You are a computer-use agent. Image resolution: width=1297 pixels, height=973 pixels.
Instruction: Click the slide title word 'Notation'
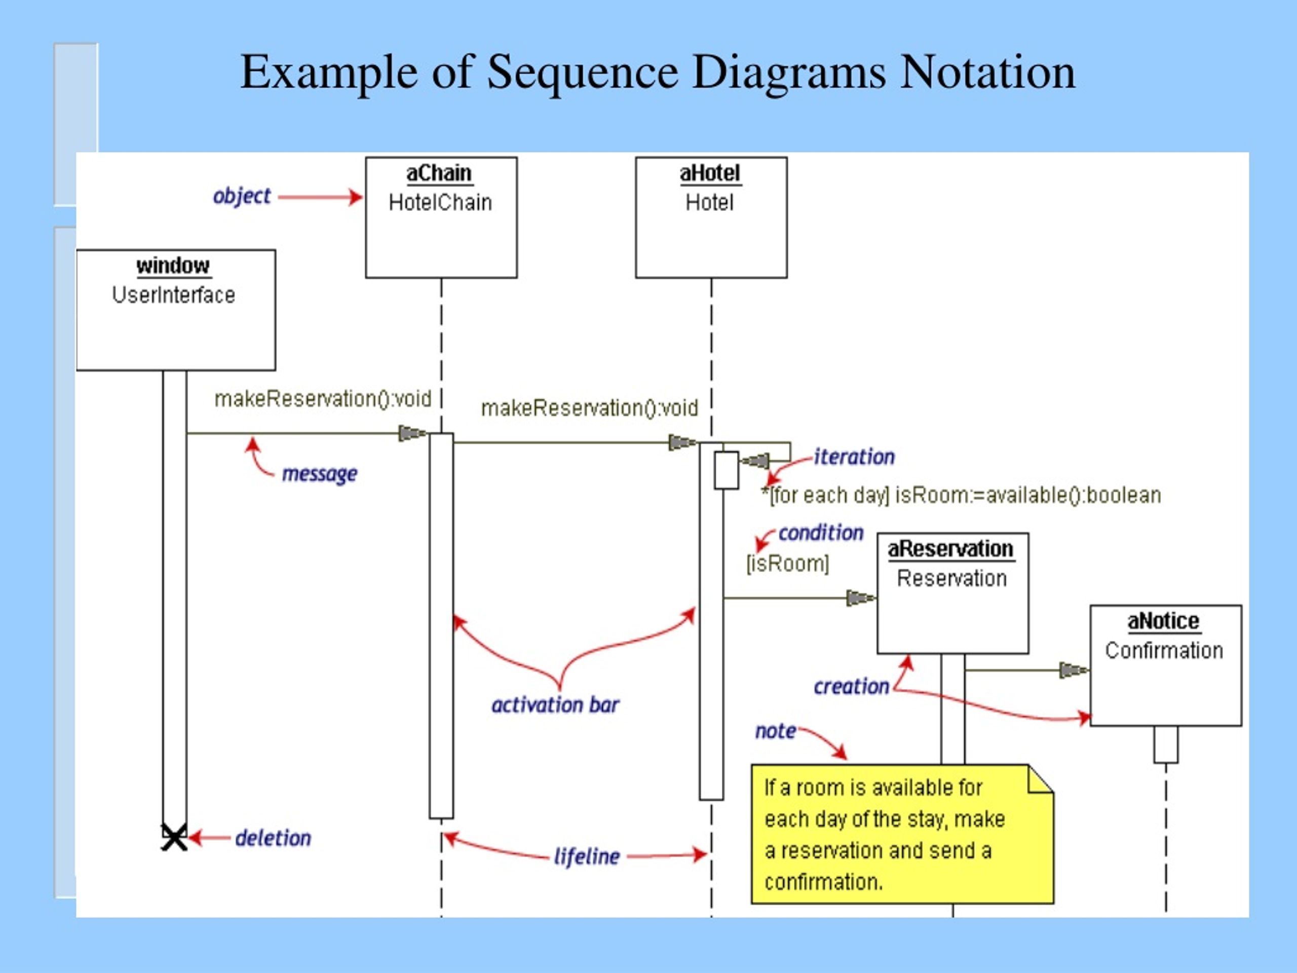[987, 72]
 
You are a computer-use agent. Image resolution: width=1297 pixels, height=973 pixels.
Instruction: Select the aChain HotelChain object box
[441, 217]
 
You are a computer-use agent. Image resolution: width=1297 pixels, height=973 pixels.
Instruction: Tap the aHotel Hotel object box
[711, 217]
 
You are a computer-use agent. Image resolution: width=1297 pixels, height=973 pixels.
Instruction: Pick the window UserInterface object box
[175, 310]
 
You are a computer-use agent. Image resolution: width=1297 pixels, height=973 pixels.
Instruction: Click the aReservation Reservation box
[952, 593]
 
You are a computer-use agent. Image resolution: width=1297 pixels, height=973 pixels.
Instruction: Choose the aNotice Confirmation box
[1165, 665]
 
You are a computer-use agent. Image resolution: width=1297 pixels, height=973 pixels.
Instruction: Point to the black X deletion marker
[174, 838]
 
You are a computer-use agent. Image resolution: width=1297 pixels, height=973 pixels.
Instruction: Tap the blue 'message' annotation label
[319, 473]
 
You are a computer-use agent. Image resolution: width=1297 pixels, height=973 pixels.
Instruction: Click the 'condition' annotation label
[820, 533]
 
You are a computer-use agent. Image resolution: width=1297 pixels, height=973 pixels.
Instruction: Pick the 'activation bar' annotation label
[555, 704]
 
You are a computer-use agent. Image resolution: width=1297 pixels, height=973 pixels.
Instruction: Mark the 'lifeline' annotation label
[586, 856]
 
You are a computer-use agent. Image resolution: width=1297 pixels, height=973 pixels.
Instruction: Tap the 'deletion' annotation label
[273, 838]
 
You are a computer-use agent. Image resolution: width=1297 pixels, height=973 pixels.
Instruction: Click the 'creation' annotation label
[851, 686]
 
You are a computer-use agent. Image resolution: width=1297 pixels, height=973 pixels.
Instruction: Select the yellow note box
[902, 834]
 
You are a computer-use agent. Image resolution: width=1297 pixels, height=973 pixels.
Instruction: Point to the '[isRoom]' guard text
[787, 564]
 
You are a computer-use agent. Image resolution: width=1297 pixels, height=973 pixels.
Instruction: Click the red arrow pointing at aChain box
[320, 197]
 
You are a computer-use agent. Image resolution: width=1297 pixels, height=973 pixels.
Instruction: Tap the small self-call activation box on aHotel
[726, 470]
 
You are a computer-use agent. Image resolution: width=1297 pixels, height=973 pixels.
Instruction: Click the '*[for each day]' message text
[961, 495]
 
